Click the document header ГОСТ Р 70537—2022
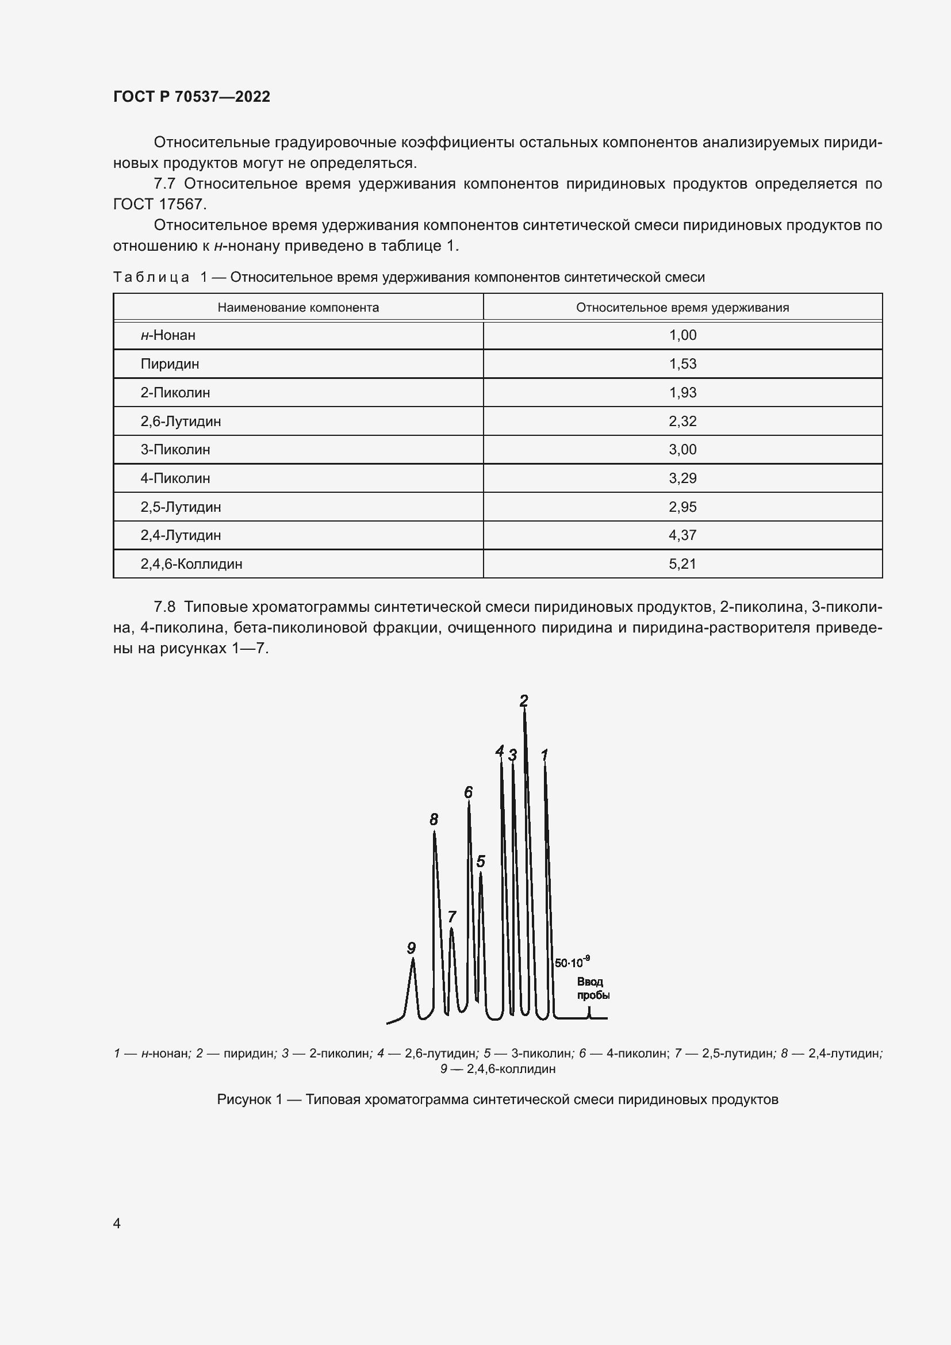click(x=191, y=97)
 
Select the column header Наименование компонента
click(x=298, y=308)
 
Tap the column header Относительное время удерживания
click(x=682, y=308)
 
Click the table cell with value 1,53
click(x=682, y=364)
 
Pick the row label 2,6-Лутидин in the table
click(x=181, y=421)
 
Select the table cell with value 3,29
click(x=682, y=478)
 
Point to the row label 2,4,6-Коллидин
click(x=191, y=564)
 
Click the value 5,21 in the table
click(x=682, y=564)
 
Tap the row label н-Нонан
click(x=167, y=335)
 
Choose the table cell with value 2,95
click(x=682, y=507)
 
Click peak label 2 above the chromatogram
click(x=524, y=700)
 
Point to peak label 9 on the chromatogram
click(x=411, y=948)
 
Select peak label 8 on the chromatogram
click(x=434, y=819)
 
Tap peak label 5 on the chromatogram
click(x=480, y=861)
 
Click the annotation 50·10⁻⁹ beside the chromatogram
click(x=572, y=963)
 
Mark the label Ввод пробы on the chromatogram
click(x=593, y=988)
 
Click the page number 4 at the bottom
click(x=117, y=1223)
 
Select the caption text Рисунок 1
click(x=249, y=1099)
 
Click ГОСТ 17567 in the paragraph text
click(x=158, y=205)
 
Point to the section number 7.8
click(x=164, y=607)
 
